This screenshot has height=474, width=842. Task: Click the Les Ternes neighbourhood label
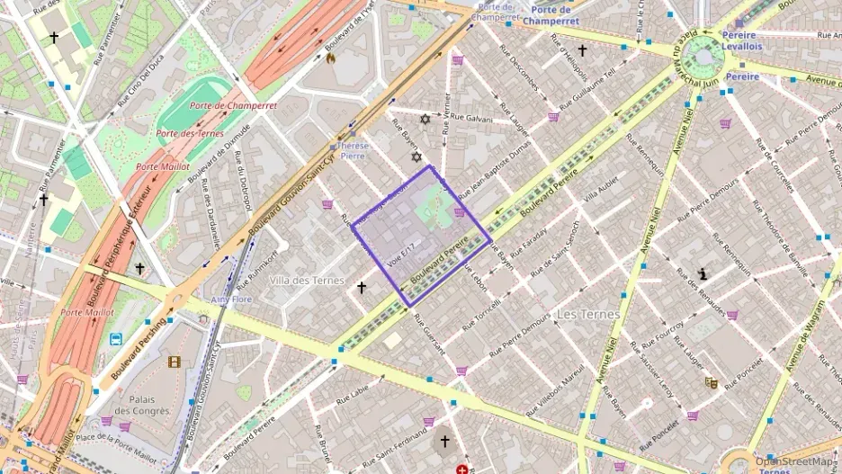click(587, 315)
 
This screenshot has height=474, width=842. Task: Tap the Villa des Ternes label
click(307, 281)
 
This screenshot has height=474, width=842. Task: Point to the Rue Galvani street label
click(471, 117)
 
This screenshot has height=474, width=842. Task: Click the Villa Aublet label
click(602, 190)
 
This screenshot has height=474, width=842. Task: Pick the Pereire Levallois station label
click(742, 40)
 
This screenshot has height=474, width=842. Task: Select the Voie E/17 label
click(401, 255)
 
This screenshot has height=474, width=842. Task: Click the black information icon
click(703, 273)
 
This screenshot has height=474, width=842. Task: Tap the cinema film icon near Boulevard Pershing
click(174, 362)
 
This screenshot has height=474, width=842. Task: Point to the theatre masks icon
click(711, 382)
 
